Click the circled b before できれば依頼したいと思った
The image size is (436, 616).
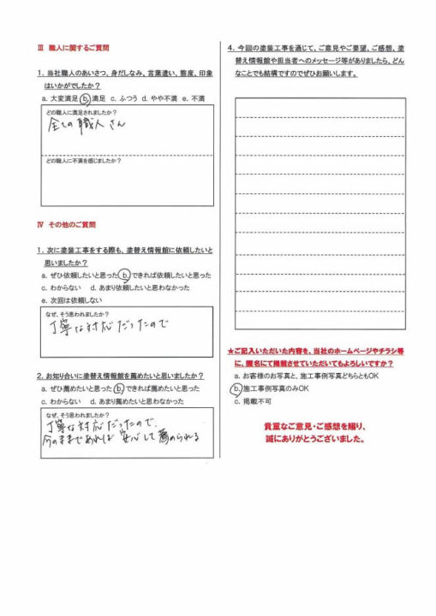pyautogui.click(x=124, y=275)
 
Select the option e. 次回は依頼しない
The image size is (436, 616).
pyautogui.click(x=72, y=301)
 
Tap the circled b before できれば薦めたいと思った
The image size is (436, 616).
pyautogui.click(x=118, y=388)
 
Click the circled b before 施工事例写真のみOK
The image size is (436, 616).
pyautogui.click(x=237, y=388)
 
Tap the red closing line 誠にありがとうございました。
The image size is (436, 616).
pyautogui.click(x=314, y=441)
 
